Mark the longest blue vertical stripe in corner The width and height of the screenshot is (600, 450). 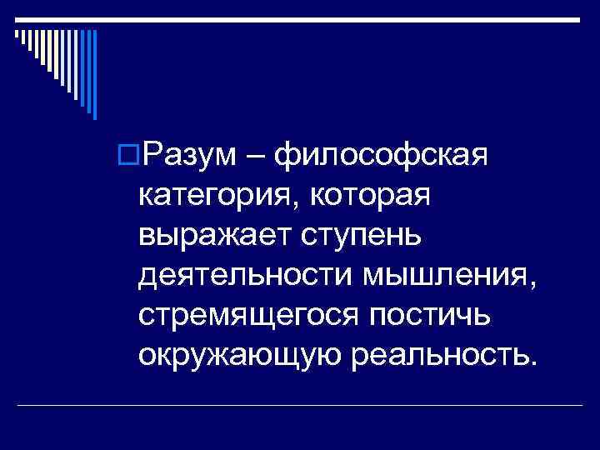pyautogui.click(x=94, y=75)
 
